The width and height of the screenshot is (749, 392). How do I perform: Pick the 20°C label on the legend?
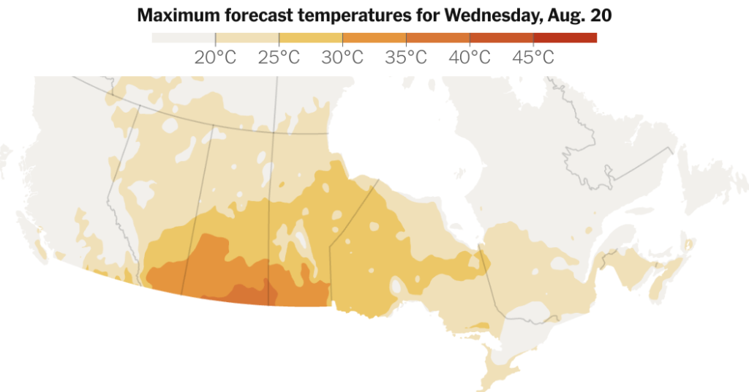(215, 58)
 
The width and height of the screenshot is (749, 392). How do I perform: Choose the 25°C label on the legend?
(279, 58)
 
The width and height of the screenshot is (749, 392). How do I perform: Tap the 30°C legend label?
(342, 58)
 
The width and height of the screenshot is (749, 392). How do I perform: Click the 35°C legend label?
(406, 58)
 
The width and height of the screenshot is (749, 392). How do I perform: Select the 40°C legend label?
(470, 58)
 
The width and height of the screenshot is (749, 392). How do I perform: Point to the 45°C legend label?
(533, 58)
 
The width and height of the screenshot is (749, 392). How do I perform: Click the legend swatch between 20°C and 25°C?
(246, 38)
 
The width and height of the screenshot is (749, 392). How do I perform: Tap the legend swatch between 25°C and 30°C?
(310, 38)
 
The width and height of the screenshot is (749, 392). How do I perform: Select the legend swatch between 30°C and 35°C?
(374, 38)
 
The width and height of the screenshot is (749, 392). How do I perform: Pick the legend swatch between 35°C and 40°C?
(437, 38)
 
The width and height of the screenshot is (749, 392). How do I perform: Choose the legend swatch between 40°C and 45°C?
(501, 38)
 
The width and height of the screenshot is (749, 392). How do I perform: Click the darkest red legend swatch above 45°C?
(565, 38)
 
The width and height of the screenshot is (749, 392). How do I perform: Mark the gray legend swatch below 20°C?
(183, 38)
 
